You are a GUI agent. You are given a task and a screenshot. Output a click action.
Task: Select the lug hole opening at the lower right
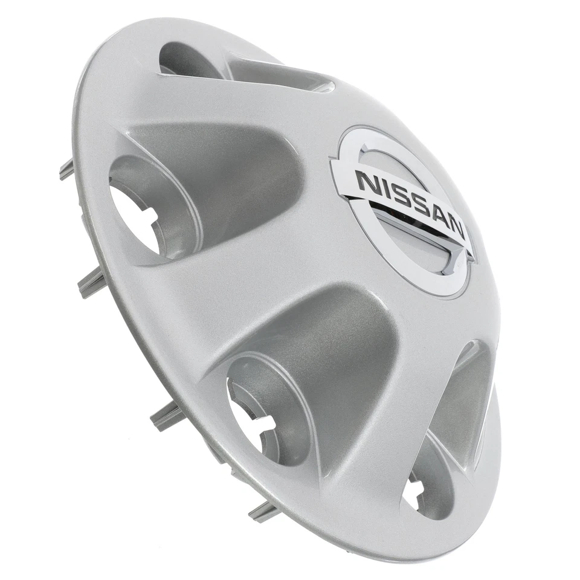click(x=414, y=492)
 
